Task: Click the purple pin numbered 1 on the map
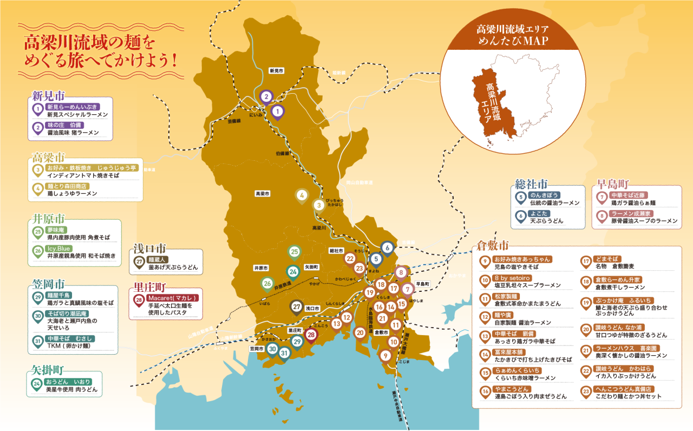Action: [x=277, y=112]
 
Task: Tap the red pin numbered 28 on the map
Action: [x=311, y=335]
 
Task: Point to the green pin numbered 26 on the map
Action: [x=267, y=283]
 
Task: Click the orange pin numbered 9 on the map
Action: [x=385, y=356]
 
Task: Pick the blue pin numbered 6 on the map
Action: [x=387, y=248]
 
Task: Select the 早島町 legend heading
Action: [x=613, y=183]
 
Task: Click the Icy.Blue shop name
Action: [x=60, y=249]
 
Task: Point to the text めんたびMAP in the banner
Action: [x=512, y=42]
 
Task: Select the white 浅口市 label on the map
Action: [x=312, y=308]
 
